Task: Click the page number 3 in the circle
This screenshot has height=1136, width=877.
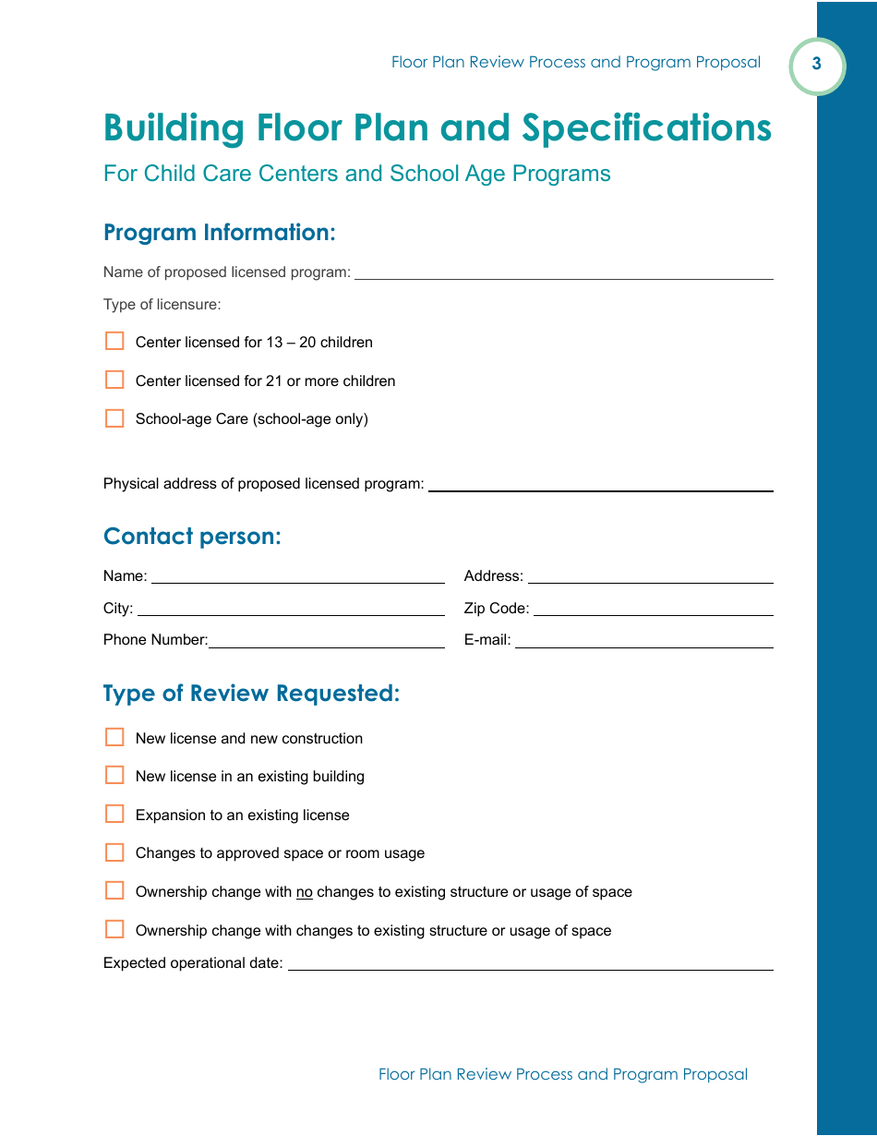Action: [817, 65]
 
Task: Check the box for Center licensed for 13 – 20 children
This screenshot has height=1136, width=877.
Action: [114, 342]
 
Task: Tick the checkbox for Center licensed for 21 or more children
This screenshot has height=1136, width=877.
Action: [114, 381]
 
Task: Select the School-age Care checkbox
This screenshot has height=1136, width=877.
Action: [114, 418]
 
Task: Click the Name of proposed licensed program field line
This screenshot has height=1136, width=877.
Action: [563, 273]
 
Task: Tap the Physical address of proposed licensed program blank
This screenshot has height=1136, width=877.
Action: [600, 485]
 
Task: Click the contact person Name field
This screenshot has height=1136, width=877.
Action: [297, 577]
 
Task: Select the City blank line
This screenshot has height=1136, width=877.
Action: [291, 610]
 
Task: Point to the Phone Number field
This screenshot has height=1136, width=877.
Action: [326, 641]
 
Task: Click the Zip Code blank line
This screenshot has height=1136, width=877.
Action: [653, 610]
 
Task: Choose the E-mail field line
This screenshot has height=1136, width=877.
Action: [643, 641]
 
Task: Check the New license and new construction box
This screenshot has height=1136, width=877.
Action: [114, 737]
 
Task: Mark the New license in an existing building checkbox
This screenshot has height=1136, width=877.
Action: [114, 775]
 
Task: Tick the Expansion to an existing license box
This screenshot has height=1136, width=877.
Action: [114, 814]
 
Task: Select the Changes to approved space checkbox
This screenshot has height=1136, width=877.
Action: [114, 852]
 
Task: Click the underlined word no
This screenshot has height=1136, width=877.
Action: [305, 892]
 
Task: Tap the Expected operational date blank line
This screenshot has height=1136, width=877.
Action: [530, 964]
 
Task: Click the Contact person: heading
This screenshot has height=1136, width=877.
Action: [192, 537]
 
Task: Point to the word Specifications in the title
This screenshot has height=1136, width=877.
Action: [646, 127]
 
